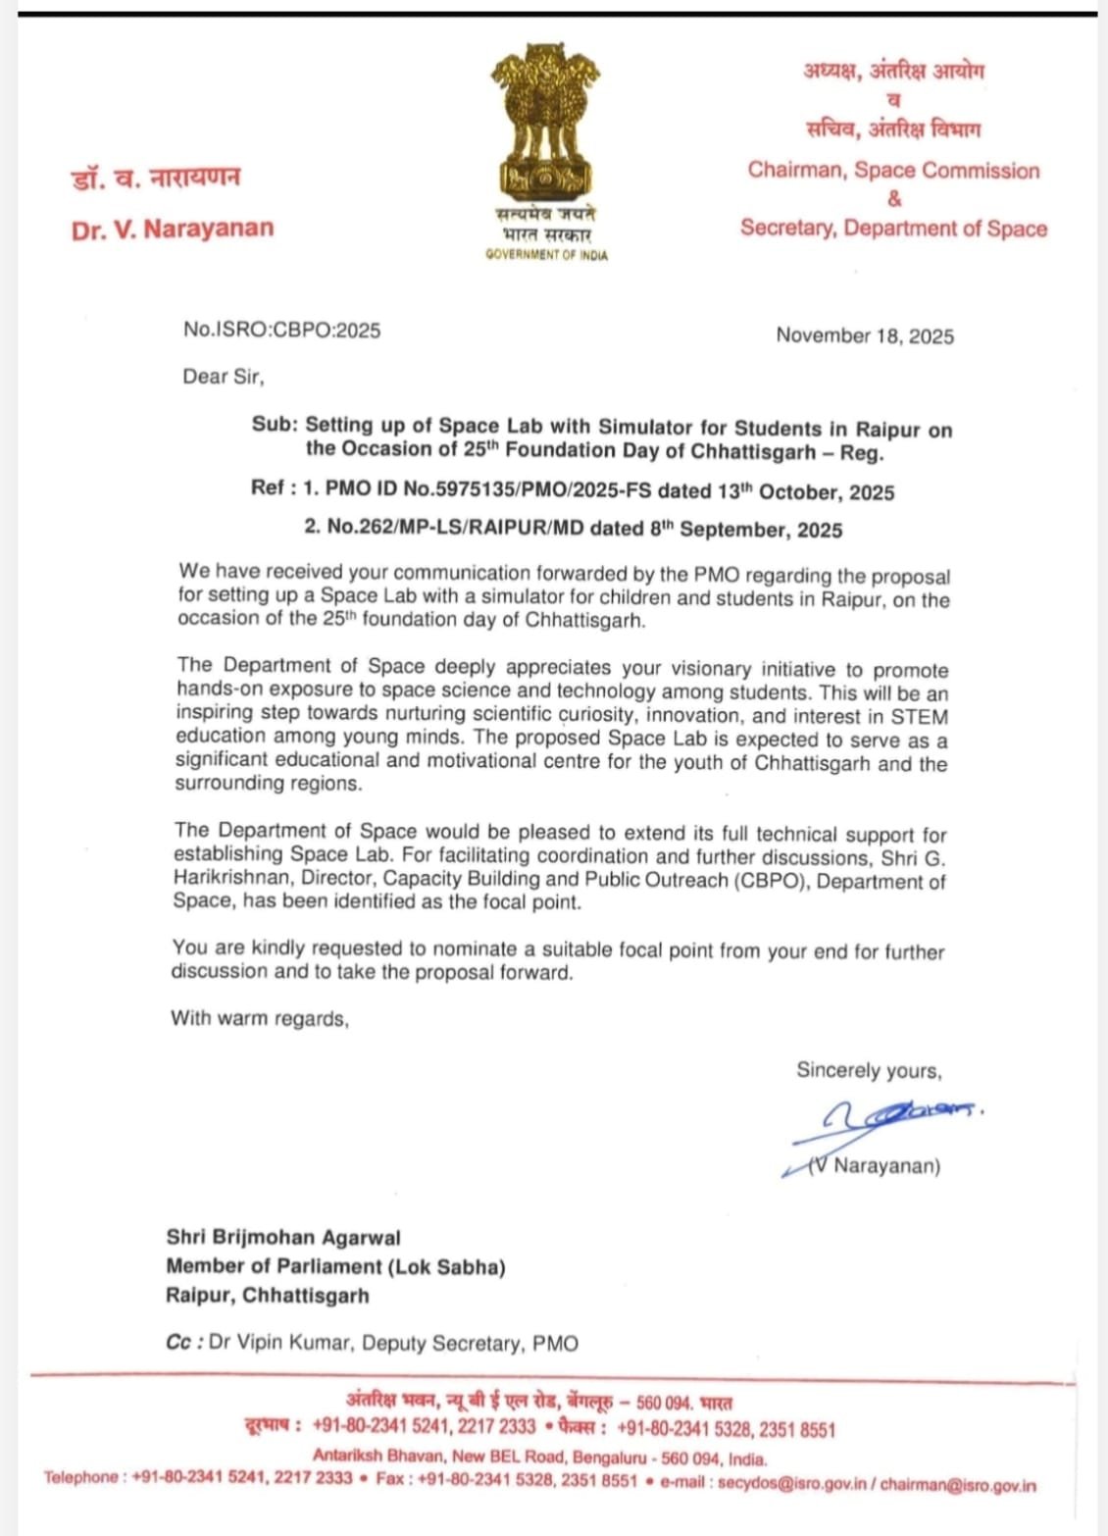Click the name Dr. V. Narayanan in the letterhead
point(173,230)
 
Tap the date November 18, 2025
point(864,336)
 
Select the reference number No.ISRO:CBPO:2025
point(281,331)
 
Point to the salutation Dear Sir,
point(223,377)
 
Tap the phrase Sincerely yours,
point(868,1070)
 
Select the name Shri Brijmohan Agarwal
point(283,1238)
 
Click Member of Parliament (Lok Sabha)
point(335,1267)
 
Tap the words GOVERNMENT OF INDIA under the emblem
point(546,255)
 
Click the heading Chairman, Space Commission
point(893,171)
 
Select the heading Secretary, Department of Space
point(893,229)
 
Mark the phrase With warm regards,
point(260,1018)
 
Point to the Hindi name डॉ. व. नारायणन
point(155,179)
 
